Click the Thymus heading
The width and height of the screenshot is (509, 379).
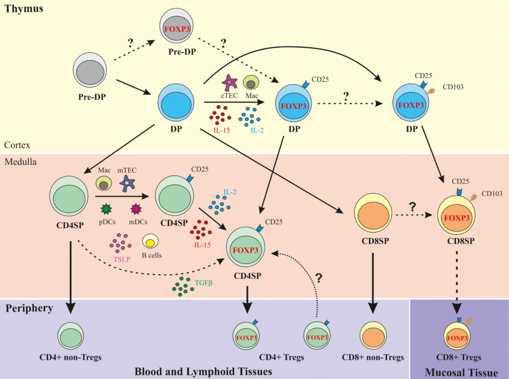23,8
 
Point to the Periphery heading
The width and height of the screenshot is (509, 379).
29,308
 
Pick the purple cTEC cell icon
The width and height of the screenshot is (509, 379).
229,83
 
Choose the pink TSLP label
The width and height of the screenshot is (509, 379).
120,259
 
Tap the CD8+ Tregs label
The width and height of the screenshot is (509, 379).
459,358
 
